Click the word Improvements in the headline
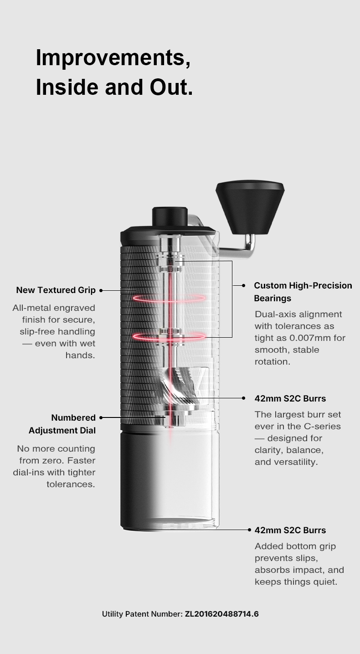[x=113, y=58]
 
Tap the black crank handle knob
[x=250, y=208]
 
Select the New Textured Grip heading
[x=56, y=290]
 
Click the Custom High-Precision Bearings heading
[x=303, y=292]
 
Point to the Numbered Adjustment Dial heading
[x=62, y=424]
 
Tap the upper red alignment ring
[x=169, y=298]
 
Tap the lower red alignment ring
[x=169, y=336]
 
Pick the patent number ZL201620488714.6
[x=221, y=614]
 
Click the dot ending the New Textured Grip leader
[x=101, y=290]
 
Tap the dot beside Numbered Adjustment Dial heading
[x=101, y=417]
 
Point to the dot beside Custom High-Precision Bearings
[x=243, y=285]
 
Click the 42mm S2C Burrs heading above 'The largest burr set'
[x=290, y=398]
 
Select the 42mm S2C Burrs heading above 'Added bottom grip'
[x=290, y=530]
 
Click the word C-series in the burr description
[x=322, y=426]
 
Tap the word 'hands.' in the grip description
[x=80, y=355]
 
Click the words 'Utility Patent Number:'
[x=142, y=614]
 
